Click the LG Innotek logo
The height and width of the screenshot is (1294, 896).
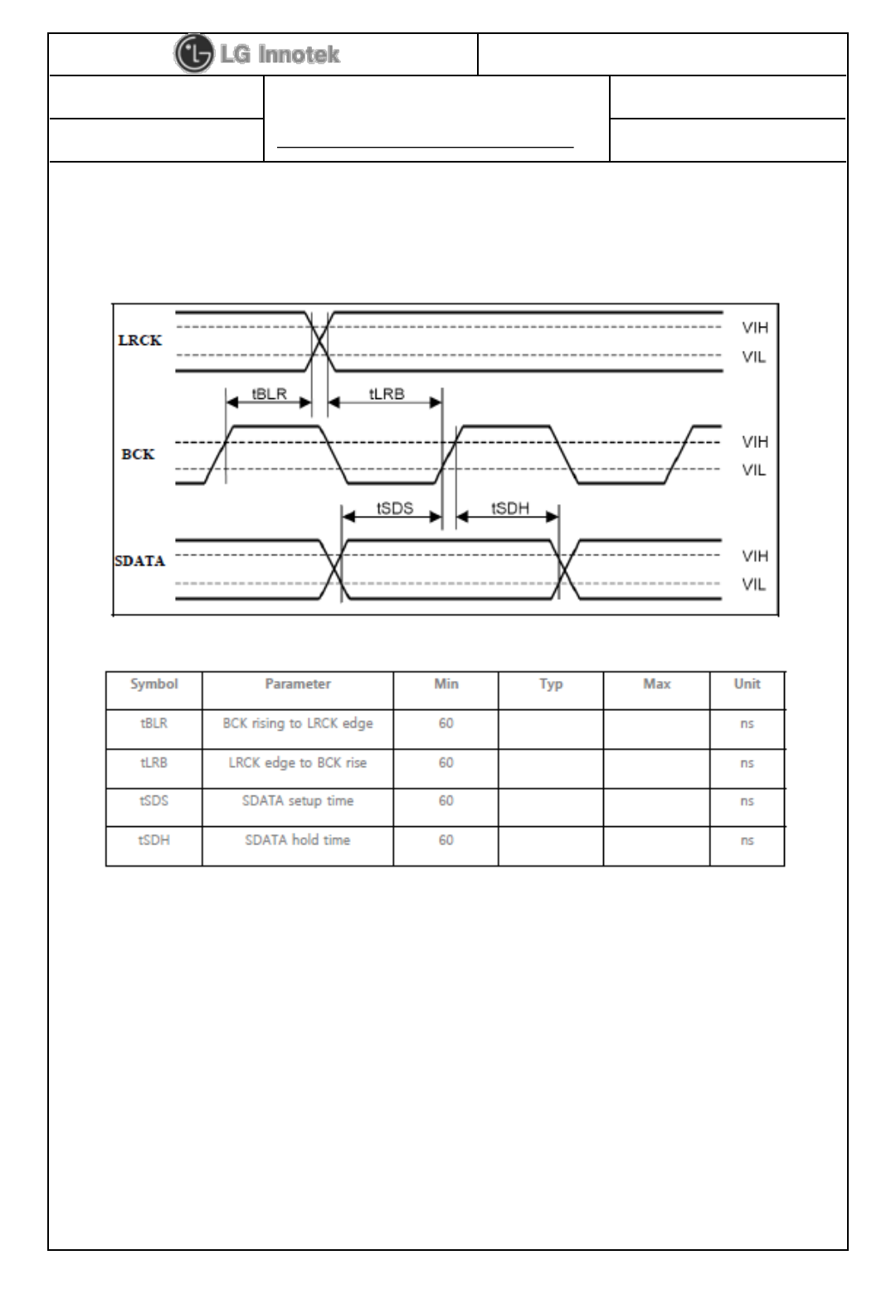tap(257, 55)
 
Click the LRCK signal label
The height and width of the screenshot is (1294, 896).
tap(139, 340)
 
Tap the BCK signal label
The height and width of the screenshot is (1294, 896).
tap(138, 455)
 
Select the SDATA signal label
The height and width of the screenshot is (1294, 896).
tap(139, 561)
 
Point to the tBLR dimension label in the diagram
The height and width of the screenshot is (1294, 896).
tap(269, 394)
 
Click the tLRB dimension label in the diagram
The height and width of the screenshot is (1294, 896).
tap(386, 394)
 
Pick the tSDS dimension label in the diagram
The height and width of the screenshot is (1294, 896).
tap(395, 508)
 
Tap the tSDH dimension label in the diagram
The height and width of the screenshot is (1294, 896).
tap(510, 508)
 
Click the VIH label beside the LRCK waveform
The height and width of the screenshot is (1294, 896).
tap(754, 328)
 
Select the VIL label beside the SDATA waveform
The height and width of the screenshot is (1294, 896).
tap(754, 585)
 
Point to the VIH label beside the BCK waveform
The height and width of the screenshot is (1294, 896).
tap(754, 441)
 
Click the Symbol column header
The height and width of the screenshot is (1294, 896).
tap(154, 684)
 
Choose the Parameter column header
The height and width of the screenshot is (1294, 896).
tap(298, 684)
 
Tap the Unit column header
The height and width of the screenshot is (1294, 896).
tap(747, 684)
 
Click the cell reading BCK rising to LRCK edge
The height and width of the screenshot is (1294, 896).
tap(298, 723)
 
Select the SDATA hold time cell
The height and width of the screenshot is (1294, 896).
tap(298, 840)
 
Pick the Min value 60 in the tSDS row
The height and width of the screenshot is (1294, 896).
tap(446, 801)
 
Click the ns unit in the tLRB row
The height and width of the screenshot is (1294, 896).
tap(747, 763)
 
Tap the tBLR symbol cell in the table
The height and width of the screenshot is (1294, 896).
tap(154, 723)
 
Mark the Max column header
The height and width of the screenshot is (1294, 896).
tap(656, 684)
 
